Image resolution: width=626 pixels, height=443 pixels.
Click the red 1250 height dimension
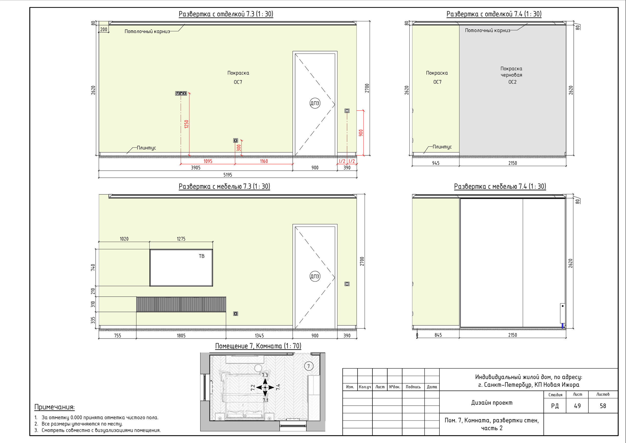tap(187, 124)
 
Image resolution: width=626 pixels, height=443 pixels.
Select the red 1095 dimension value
tap(208, 161)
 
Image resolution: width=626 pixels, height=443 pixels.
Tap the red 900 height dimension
tap(361, 133)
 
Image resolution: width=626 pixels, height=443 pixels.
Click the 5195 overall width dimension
tap(228, 175)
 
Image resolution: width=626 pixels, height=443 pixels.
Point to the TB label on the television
tap(201, 256)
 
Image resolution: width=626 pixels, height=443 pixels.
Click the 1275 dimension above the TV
tap(181, 239)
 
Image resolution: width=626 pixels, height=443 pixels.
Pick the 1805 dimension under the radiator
tap(181, 336)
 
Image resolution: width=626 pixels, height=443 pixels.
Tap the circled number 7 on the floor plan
tap(309, 366)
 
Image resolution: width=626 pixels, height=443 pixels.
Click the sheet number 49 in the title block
tap(577, 406)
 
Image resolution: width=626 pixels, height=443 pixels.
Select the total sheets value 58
tap(603, 406)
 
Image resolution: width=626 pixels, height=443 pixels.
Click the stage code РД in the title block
tap(555, 406)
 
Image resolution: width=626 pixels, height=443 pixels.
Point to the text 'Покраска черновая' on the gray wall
tap(511, 72)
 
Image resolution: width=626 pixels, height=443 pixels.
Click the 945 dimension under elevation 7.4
tap(436, 163)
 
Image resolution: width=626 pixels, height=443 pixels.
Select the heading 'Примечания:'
tap(55, 407)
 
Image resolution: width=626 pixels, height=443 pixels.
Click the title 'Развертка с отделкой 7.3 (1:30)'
tap(226, 14)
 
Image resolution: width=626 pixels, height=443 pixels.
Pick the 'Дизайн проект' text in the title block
tap(492, 403)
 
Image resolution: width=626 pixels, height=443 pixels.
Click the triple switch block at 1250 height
tap(181, 93)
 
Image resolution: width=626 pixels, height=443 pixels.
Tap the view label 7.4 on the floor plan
tap(278, 387)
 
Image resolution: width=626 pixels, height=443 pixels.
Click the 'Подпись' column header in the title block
tap(413, 387)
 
